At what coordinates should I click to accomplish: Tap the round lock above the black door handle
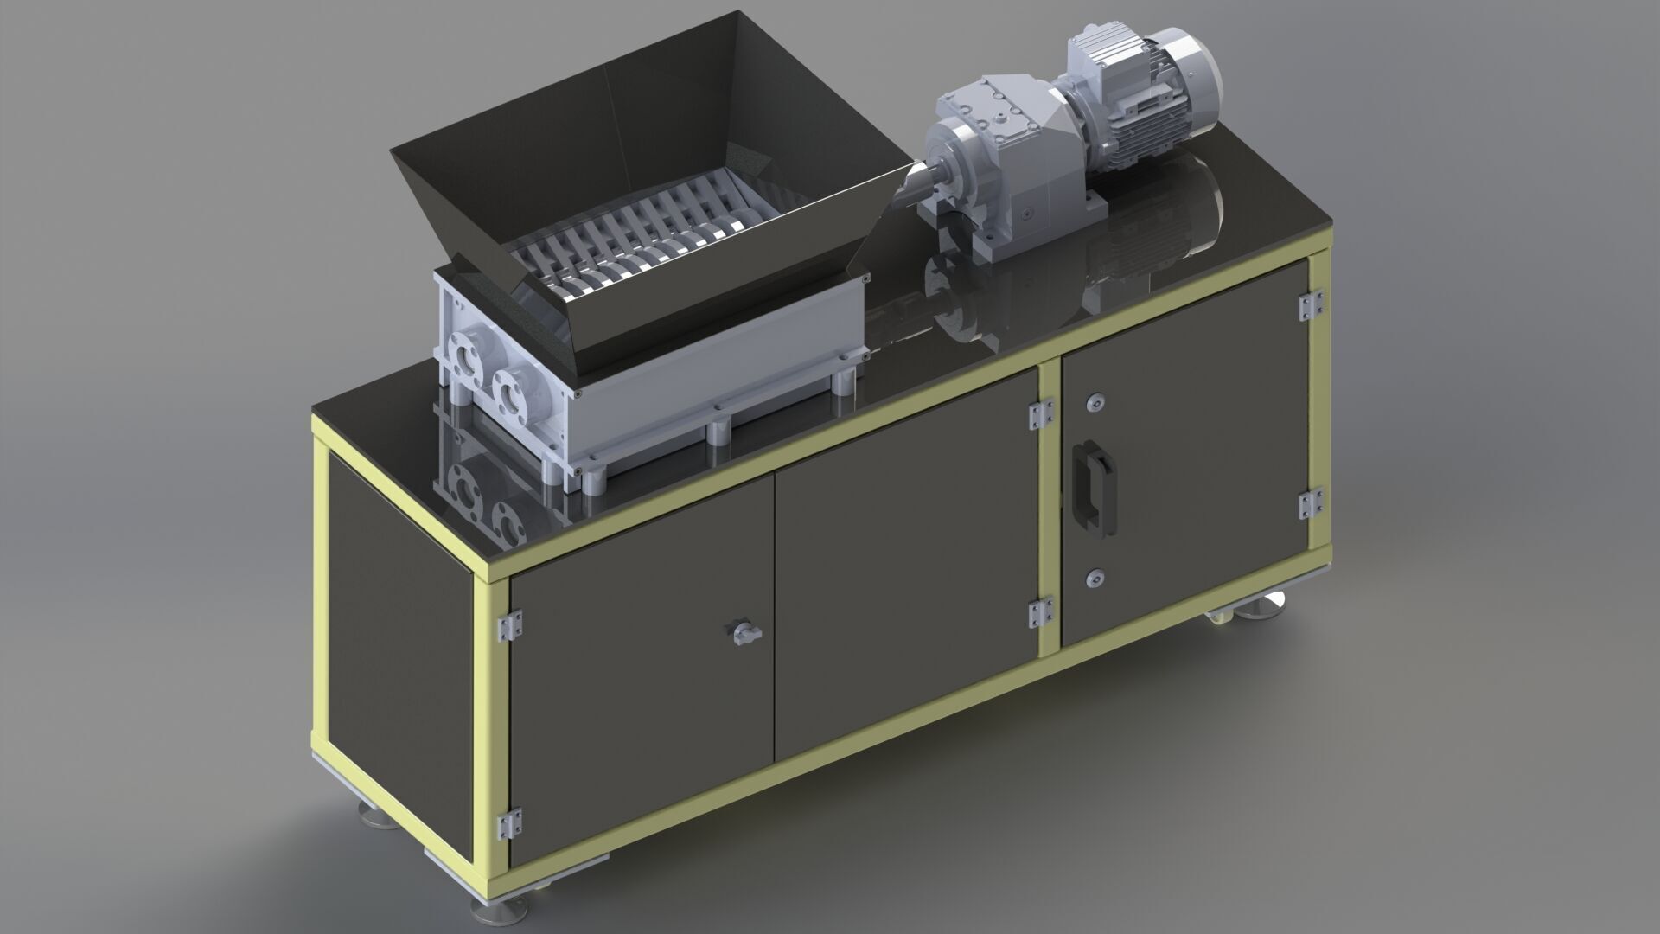(x=1096, y=399)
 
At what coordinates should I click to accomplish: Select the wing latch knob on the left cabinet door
(x=743, y=634)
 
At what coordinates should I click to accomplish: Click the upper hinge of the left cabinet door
(x=509, y=624)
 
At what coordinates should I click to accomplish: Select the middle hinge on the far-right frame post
(x=1312, y=505)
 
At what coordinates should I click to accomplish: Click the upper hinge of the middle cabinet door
(x=1040, y=413)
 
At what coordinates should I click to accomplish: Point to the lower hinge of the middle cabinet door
(x=1039, y=612)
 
